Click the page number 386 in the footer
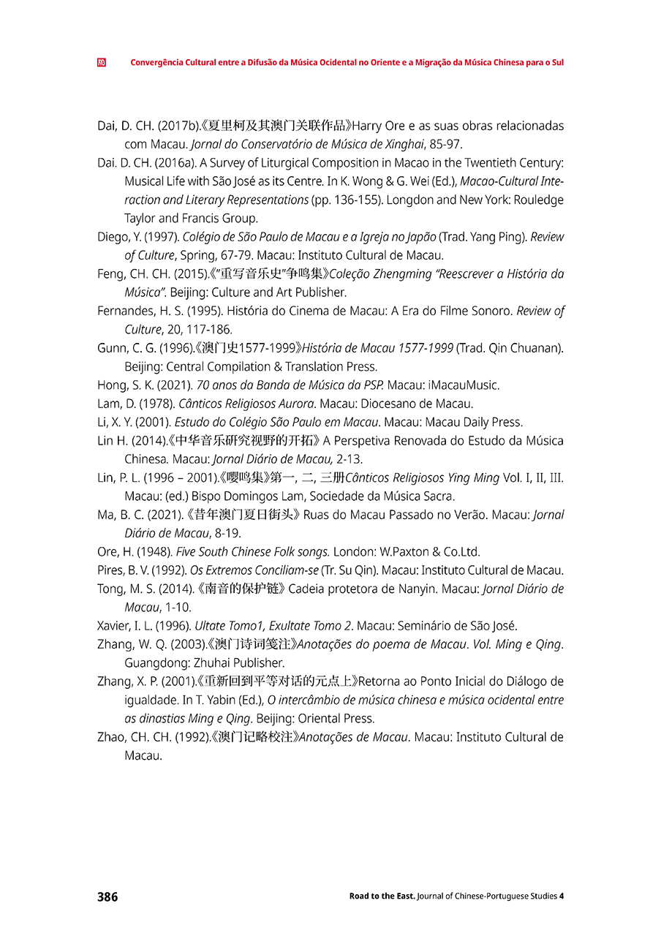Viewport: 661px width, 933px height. [x=107, y=896]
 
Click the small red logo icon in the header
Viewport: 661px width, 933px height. [x=102, y=63]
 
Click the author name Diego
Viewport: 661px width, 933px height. [x=113, y=237]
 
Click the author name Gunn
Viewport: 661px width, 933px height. [x=111, y=348]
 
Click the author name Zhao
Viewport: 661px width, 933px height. [x=111, y=737]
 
